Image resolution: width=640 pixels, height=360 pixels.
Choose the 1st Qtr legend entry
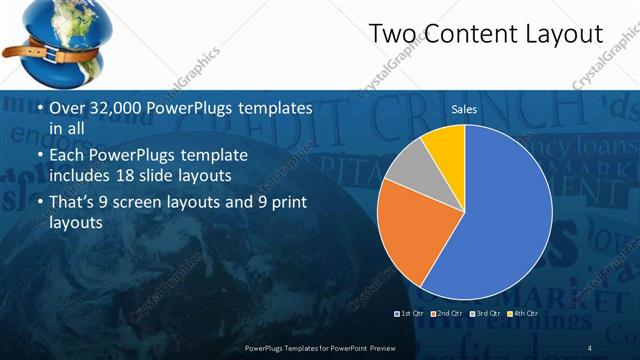coord(410,313)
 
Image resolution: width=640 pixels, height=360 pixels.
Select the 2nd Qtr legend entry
coord(446,313)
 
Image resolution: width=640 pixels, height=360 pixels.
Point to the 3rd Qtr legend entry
coord(484,313)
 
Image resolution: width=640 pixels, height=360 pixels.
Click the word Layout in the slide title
coord(564,35)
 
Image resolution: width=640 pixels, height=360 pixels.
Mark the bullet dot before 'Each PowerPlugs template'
coord(39,156)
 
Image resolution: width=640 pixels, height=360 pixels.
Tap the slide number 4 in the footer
coord(590,347)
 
